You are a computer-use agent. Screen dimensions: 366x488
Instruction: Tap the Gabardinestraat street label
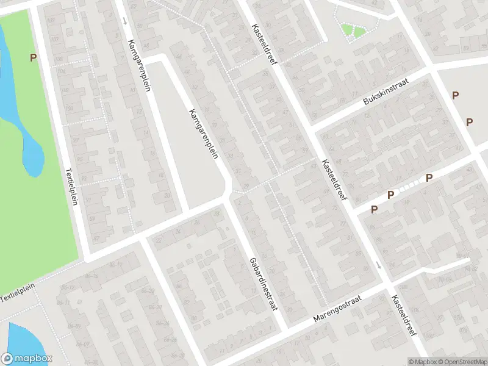[264, 284]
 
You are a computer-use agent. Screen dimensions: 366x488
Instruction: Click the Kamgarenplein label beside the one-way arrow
[139, 66]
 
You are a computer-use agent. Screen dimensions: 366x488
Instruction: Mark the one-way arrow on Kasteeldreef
[378, 265]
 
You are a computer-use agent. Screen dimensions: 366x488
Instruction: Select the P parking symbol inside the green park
[33, 57]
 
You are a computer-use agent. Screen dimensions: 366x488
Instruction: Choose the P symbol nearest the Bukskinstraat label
[455, 95]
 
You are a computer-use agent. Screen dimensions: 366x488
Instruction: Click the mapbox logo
[26, 359]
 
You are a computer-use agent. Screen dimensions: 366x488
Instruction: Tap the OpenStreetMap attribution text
[462, 361]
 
